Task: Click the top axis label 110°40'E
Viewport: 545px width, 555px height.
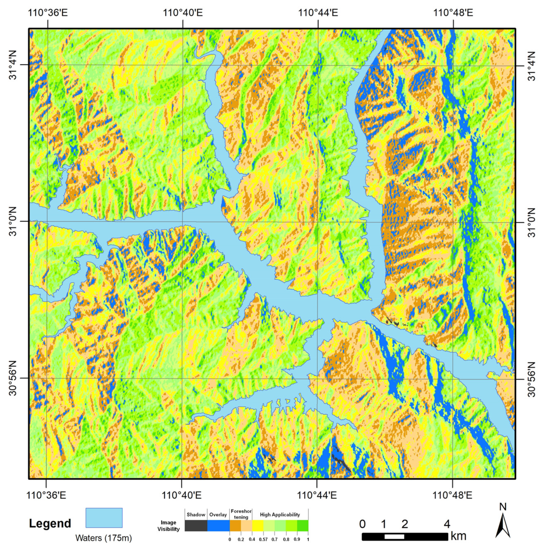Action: point(183,13)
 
